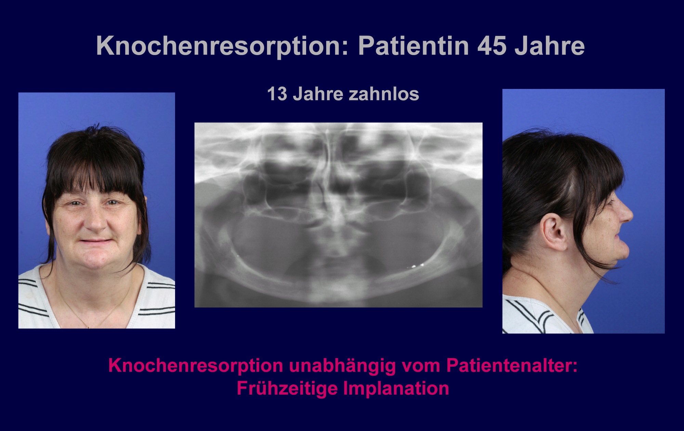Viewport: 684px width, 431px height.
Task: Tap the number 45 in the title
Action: pos(492,46)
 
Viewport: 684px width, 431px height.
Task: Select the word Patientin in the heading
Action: pos(413,46)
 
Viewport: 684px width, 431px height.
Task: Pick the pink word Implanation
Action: pos(396,389)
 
